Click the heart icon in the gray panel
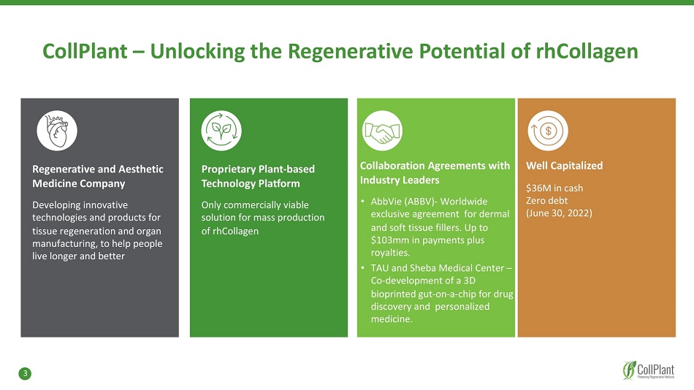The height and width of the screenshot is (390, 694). coord(57,131)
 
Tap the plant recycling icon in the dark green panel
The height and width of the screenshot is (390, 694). coord(221,131)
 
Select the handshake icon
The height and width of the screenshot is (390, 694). coord(382,131)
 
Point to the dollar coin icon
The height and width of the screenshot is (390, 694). coord(548,131)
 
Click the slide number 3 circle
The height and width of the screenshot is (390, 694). coord(25,374)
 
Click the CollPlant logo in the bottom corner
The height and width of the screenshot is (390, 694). coord(649,370)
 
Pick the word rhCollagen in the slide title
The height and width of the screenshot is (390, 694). coord(587,51)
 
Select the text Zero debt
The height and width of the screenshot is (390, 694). coord(546,201)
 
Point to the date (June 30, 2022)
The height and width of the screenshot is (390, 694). coord(559,213)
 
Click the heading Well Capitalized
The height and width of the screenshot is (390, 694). coord(564,166)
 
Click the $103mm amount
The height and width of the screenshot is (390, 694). coord(390,240)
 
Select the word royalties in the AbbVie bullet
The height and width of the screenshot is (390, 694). coord(389,253)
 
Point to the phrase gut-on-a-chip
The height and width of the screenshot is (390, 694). coord(447,294)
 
